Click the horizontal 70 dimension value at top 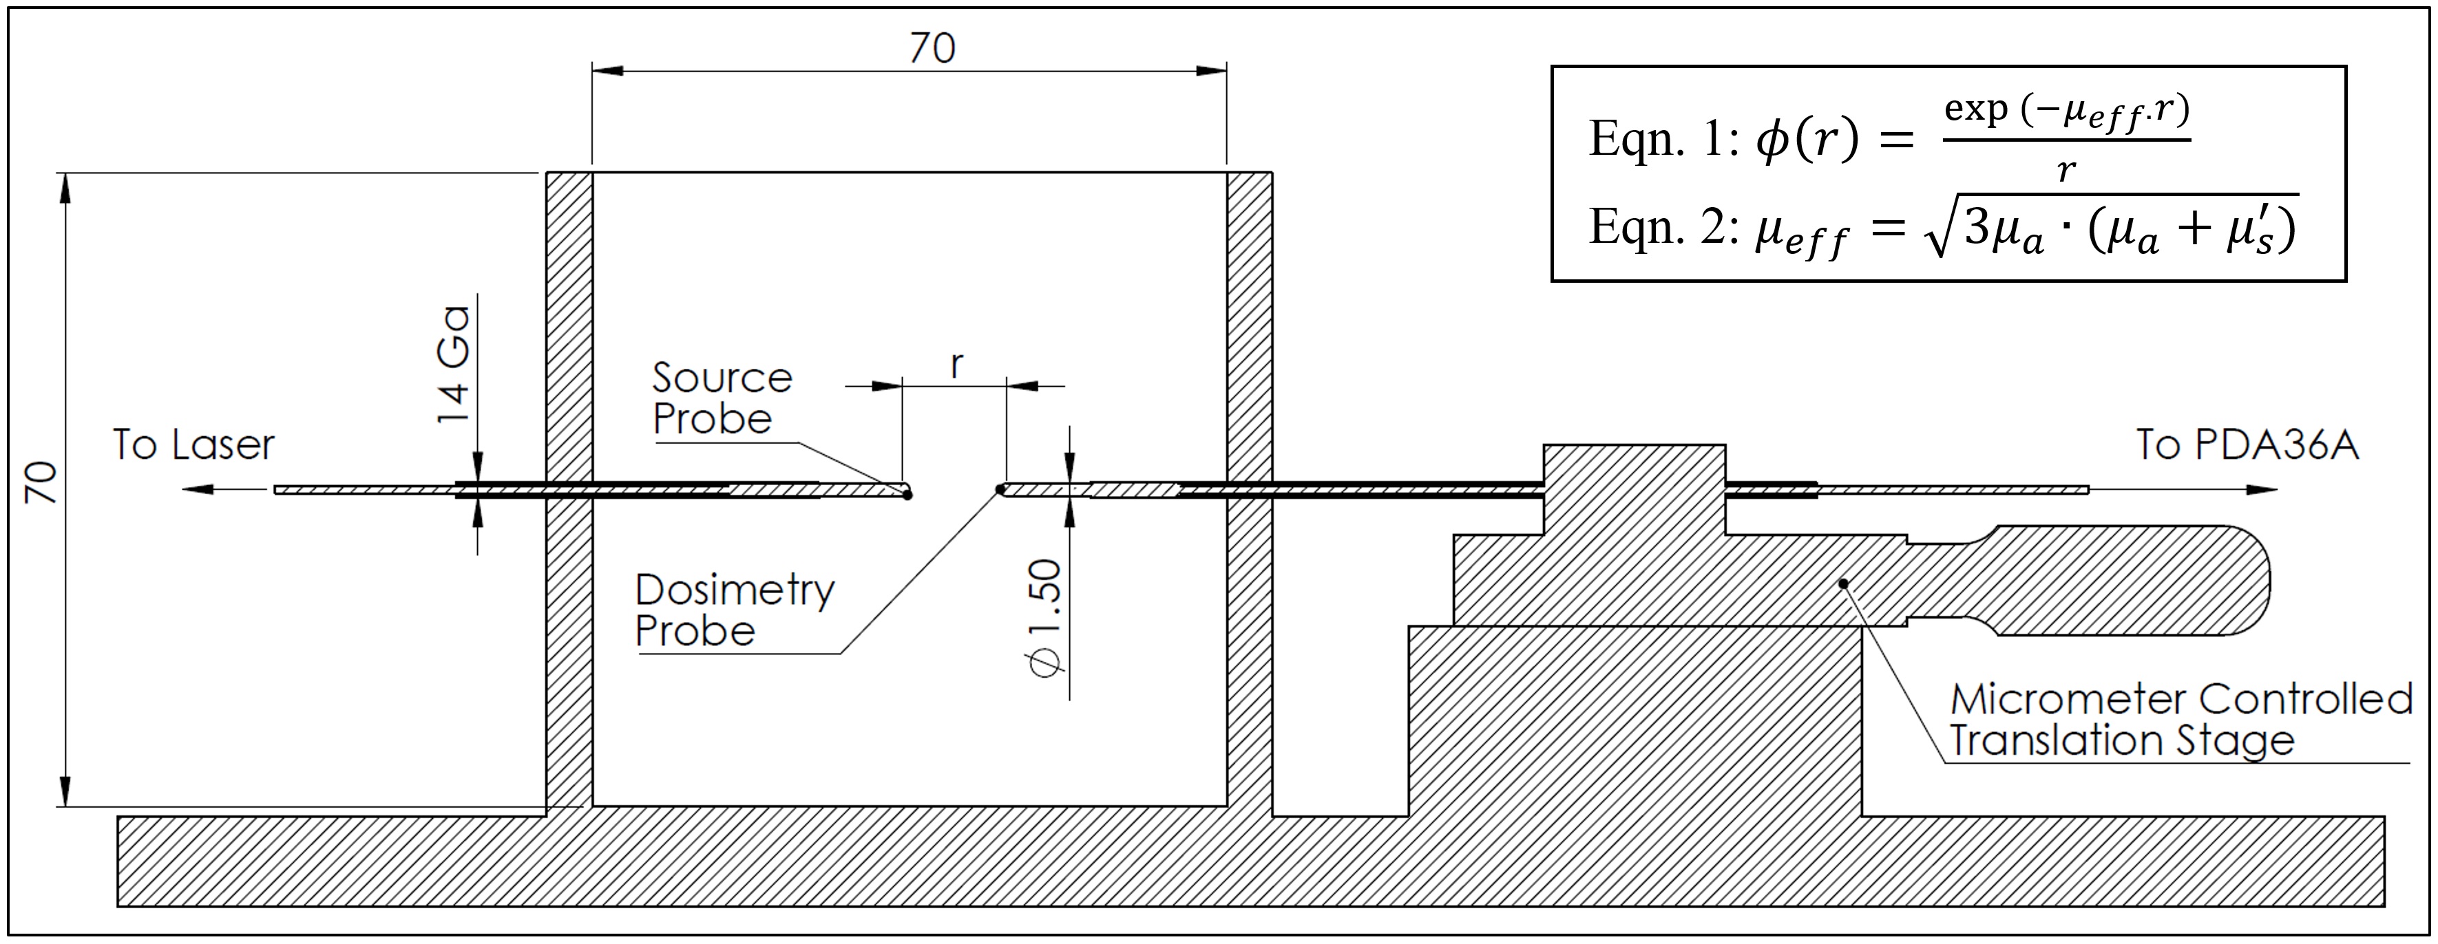point(932,48)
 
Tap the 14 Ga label point(453,364)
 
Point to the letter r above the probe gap point(957,364)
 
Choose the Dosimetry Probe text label point(733,610)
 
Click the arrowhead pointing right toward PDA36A point(2262,490)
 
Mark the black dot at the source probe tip point(907,495)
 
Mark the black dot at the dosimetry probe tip point(1000,489)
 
